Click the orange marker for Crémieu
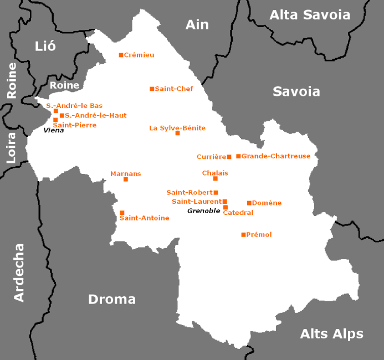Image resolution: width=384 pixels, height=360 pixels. (x=121, y=55)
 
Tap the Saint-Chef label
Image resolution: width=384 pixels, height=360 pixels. (x=174, y=89)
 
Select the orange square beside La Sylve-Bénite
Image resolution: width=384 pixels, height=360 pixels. (x=177, y=133)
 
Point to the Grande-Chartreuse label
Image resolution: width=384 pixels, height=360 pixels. (x=275, y=156)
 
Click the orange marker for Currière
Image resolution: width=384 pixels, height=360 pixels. (x=229, y=157)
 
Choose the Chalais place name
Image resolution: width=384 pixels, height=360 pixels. (x=215, y=173)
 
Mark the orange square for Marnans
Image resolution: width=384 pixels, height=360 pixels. (x=126, y=179)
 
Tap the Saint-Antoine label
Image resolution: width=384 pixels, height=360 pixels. (x=144, y=218)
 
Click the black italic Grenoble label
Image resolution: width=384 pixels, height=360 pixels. (x=203, y=211)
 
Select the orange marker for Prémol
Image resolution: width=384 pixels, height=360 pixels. (x=243, y=235)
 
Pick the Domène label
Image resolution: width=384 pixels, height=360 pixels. (x=267, y=203)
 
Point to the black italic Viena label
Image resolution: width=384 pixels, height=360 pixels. (x=54, y=130)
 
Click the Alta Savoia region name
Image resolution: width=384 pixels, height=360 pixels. (x=310, y=15)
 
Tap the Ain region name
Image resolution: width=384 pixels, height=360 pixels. (x=197, y=25)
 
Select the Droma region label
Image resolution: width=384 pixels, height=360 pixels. (x=112, y=299)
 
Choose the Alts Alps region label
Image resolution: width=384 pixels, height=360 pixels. (x=331, y=334)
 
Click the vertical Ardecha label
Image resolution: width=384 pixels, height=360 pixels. (x=19, y=272)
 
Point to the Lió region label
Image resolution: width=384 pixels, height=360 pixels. (x=45, y=46)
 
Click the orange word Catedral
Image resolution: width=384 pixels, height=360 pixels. (x=238, y=213)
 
